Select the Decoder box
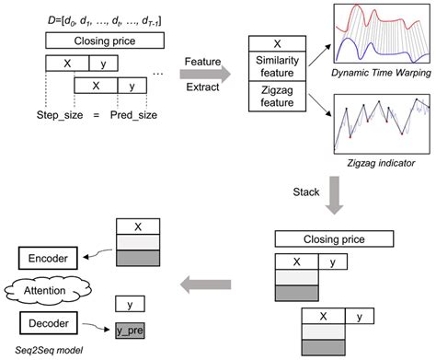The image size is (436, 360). [x=47, y=321]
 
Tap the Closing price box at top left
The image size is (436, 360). [x=104, y=41]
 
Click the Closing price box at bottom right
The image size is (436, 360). [x=336, y=239]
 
